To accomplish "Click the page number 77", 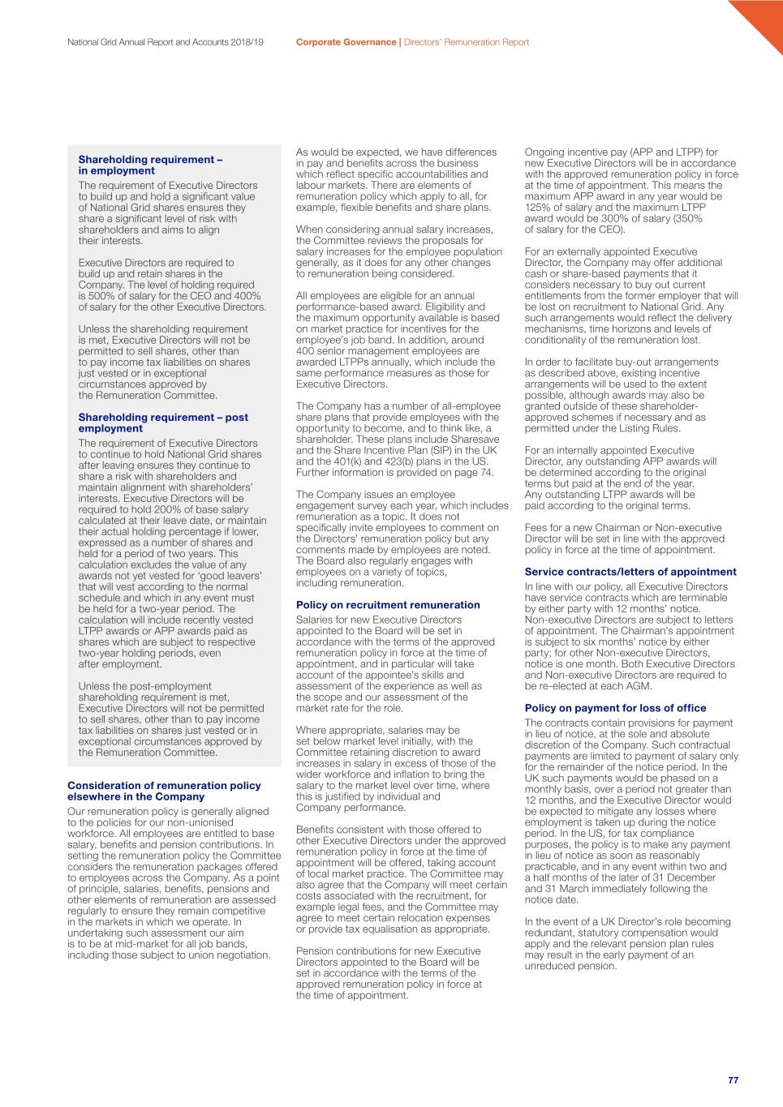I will click(x=733, y=1080).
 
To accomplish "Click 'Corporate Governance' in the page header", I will click(x=346, y=42).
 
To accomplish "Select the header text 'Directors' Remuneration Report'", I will click(x=467, y=42).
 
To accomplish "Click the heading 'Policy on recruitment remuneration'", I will click(x=388, y=605).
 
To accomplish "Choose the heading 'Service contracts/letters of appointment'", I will click(x=630, y=572).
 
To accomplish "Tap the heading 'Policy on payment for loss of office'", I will click(x=615, y=708).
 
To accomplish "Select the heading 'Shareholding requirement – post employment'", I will click(x=163, y=423).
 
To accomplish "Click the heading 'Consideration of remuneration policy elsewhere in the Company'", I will click(x=164, y=791).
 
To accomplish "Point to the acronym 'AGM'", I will click(x=639, y=685).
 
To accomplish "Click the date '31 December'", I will click(x=685, y=877).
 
